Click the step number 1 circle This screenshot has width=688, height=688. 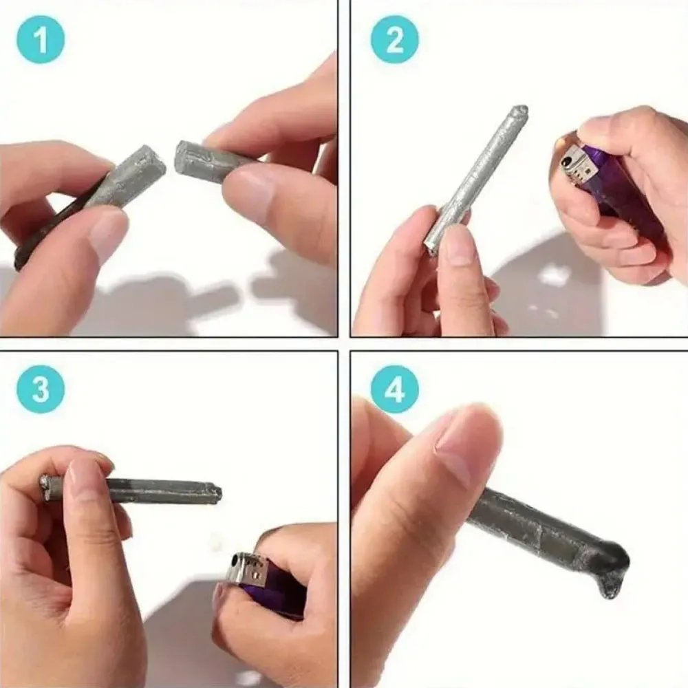pyautogui.click(x=41, y=40)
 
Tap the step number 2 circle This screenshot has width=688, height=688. pyautogui.click(x=394, y=40)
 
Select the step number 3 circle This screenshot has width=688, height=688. pyautogui.click(x=41, y=389)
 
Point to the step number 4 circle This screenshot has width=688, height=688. pyautogui.click(x=394, y=389)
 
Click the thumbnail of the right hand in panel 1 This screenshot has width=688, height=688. pyautogui.click(x=248, y=196)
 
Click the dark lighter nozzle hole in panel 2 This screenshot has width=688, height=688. pyautogui.click(x=567, y=163)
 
